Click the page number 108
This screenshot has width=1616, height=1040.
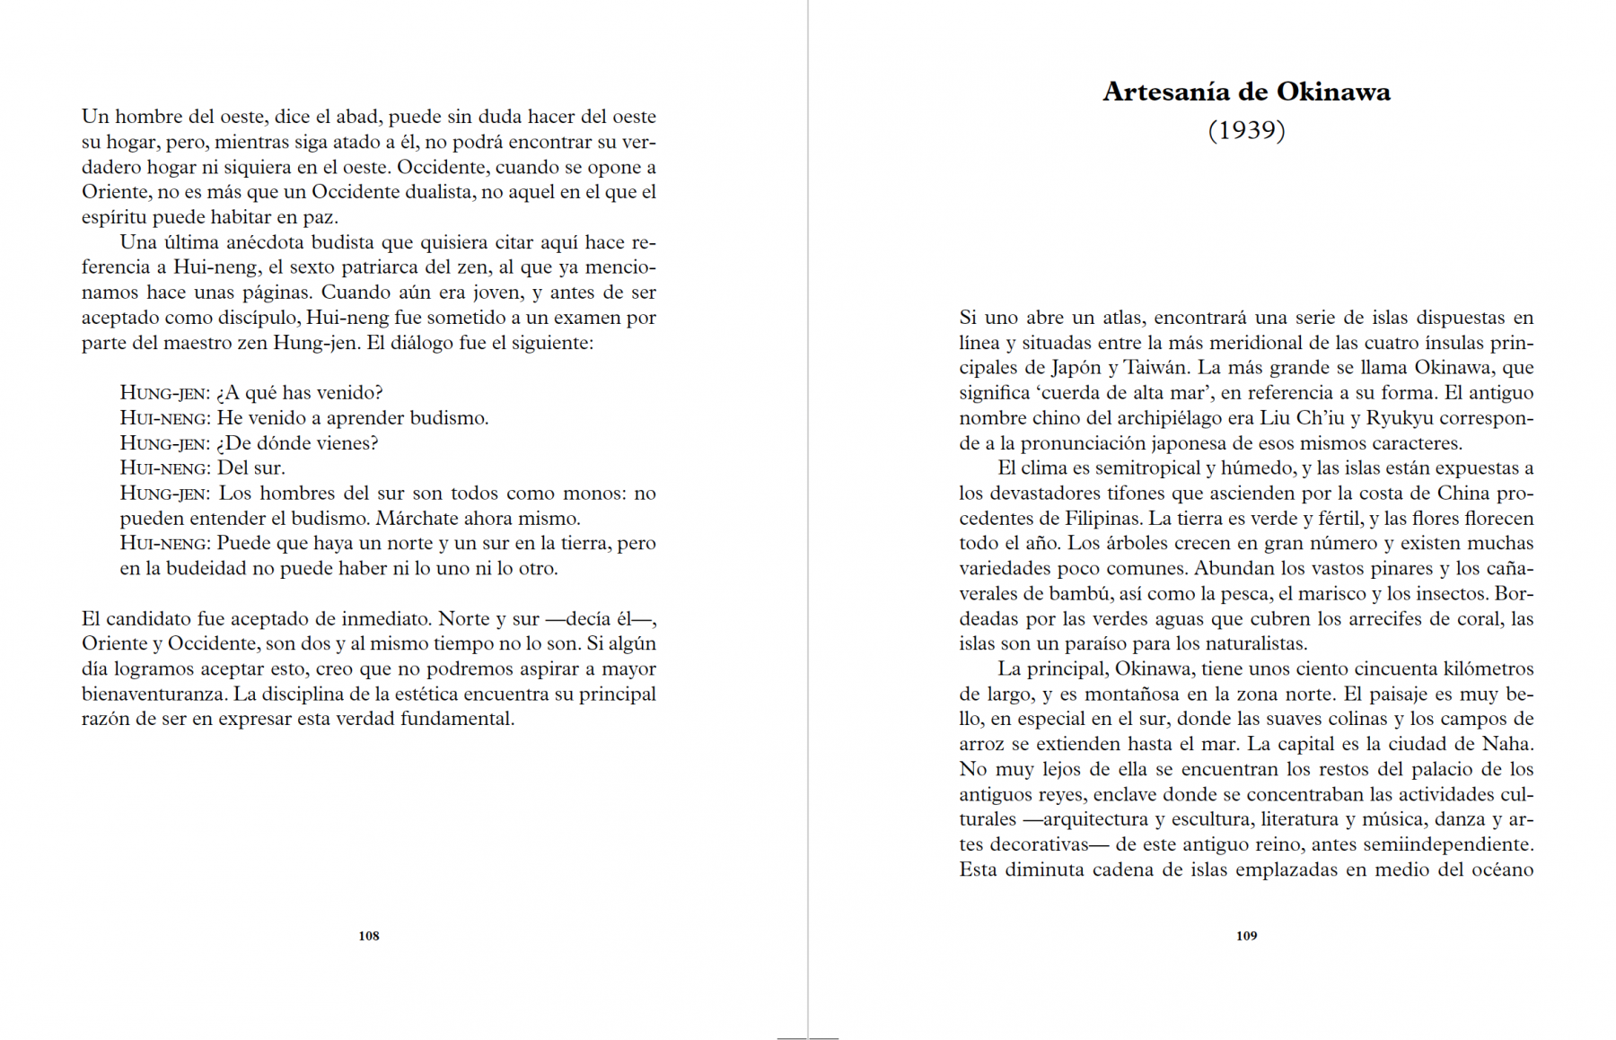[369, 936]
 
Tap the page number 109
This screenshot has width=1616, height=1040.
[1246, 936]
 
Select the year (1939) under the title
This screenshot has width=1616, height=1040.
[1246, 131]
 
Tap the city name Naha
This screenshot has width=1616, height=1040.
[1507, 745]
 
